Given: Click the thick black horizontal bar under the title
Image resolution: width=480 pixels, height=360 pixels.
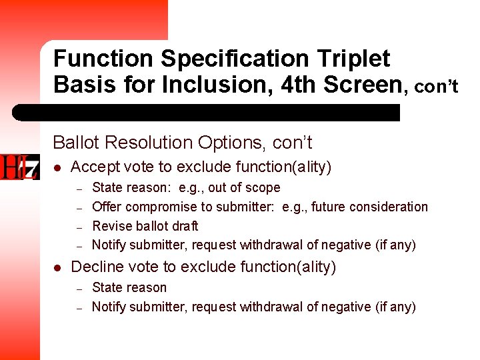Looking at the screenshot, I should (207, 113).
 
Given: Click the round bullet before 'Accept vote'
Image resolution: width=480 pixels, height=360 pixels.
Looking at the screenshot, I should (57, 167).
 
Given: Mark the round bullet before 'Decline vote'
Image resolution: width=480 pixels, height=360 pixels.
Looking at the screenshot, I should (57, 268).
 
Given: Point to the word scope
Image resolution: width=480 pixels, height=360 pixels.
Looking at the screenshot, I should (263, 188).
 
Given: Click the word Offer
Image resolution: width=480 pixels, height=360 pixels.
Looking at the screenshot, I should (106, 207).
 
